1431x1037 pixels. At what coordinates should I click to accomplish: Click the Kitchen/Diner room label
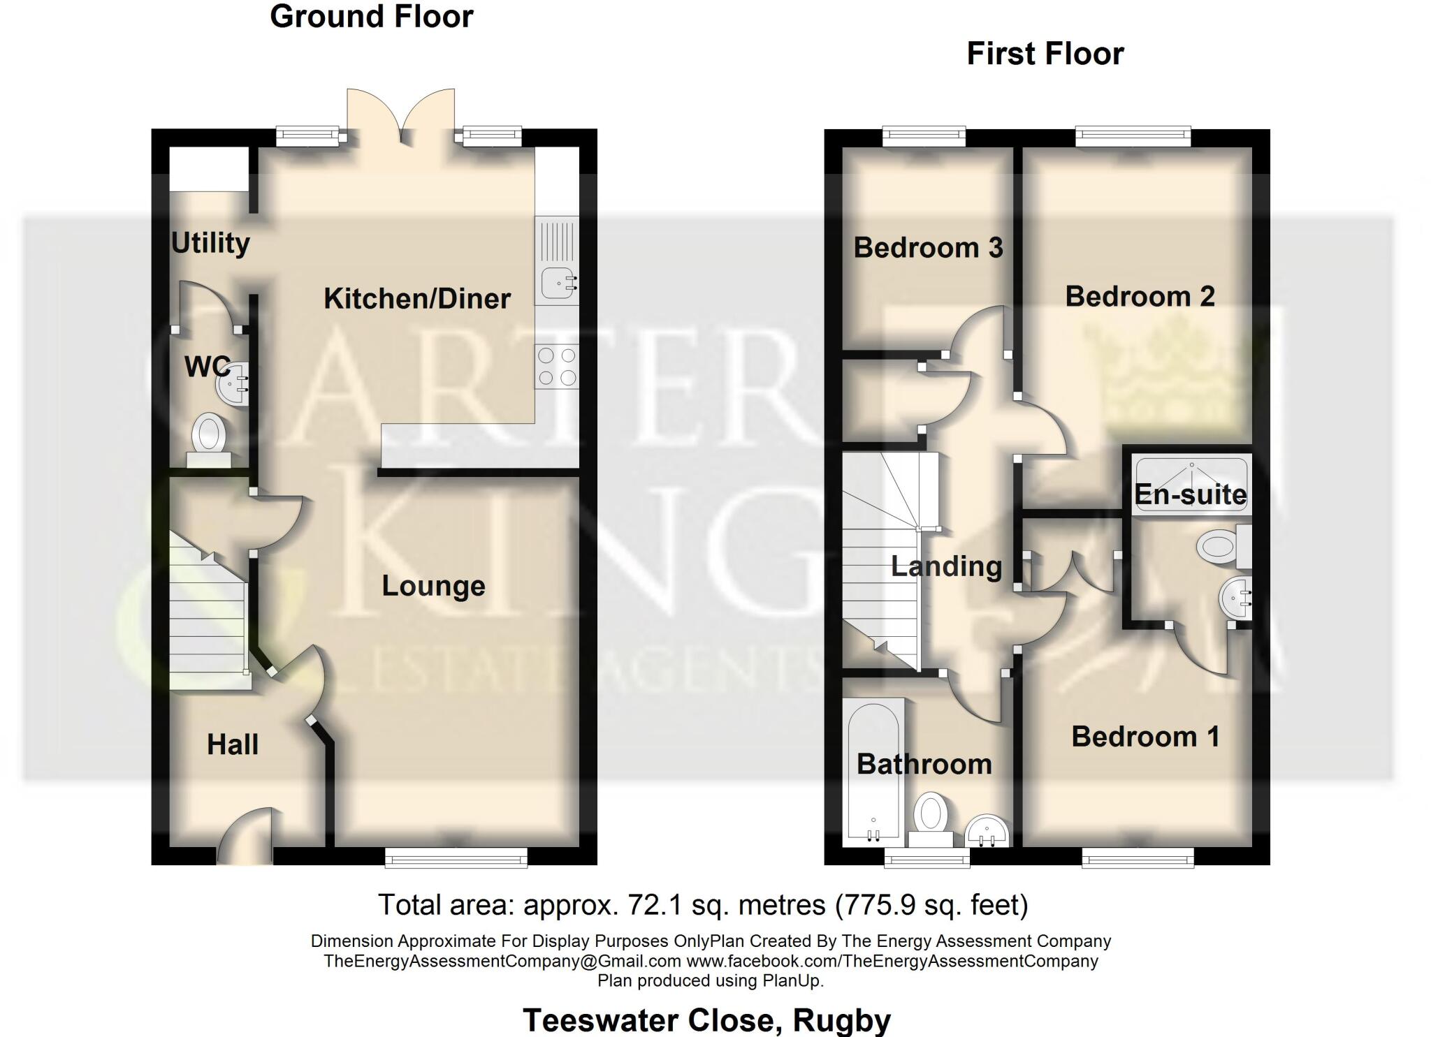tap(417, 299)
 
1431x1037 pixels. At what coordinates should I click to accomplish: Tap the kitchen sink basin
tap(558, 283)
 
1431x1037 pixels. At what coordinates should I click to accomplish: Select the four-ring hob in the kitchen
tap(557, 367)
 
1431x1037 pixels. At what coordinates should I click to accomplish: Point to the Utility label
tap(210, 243)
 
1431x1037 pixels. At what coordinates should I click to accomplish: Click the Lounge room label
tap(433, 586)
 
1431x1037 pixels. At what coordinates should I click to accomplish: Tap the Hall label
tap(233, 744)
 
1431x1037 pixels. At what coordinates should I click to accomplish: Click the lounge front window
tap(456, 858)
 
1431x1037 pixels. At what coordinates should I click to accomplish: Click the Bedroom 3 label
tap(928, 248)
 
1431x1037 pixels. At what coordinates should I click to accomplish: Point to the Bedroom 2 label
tap(1140, 297)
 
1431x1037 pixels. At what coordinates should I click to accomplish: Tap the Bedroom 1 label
tap(1145, 737)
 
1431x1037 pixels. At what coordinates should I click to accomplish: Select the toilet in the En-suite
tap(1221, 546)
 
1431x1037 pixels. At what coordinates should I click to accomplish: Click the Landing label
tap(946, 566)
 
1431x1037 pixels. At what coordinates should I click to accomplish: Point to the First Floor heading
tap(1045, 54)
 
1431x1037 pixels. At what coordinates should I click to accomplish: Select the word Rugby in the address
tap(842, 1020)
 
